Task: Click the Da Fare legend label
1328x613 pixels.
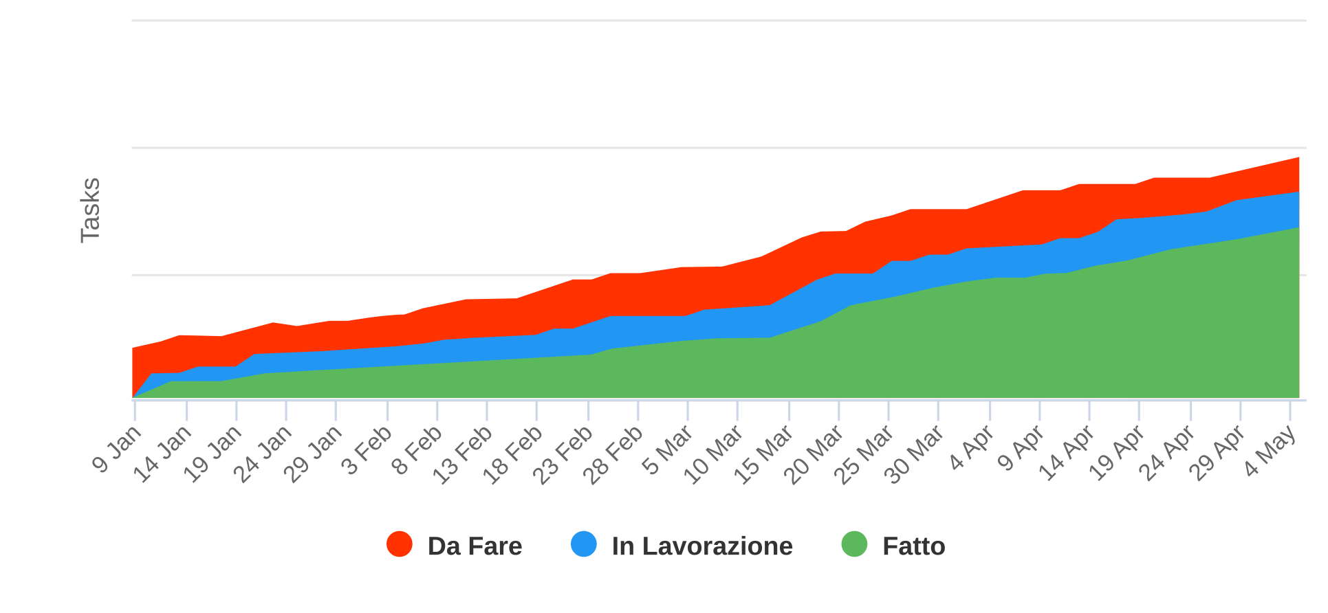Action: (x=475, y=546)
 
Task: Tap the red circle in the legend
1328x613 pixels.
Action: (x=400, y=544)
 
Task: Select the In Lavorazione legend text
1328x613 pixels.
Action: (x=702, y=546)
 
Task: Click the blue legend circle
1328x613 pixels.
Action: (x=584, y=544)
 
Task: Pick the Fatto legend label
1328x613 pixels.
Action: (x=913, y=546)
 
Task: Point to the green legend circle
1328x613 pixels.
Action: (x=854, y=544)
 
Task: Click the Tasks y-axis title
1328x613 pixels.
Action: (x=91, y=210)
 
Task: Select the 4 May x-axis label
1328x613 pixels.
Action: (x=1271, y=451)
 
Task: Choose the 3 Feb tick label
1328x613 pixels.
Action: (x=368, y=451)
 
